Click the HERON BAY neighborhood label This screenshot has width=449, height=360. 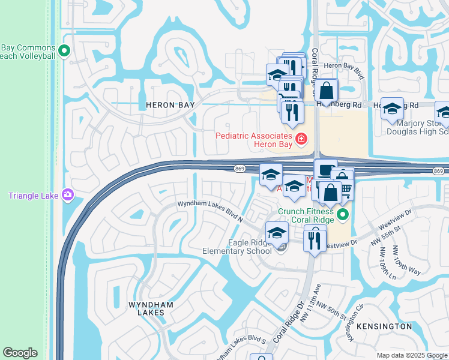(x=170, y=105)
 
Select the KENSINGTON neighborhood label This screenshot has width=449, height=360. (x=384, y=326)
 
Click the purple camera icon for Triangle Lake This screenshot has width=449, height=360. (x=67, y=194)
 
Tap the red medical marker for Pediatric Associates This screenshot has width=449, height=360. (x=300, y=140)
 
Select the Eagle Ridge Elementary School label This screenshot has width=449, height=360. (x=246, y=247)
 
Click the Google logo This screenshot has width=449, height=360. (x=20, y=353)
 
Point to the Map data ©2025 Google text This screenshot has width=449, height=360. (x=411, y=355)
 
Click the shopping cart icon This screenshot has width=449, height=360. (x=346, y=188)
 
